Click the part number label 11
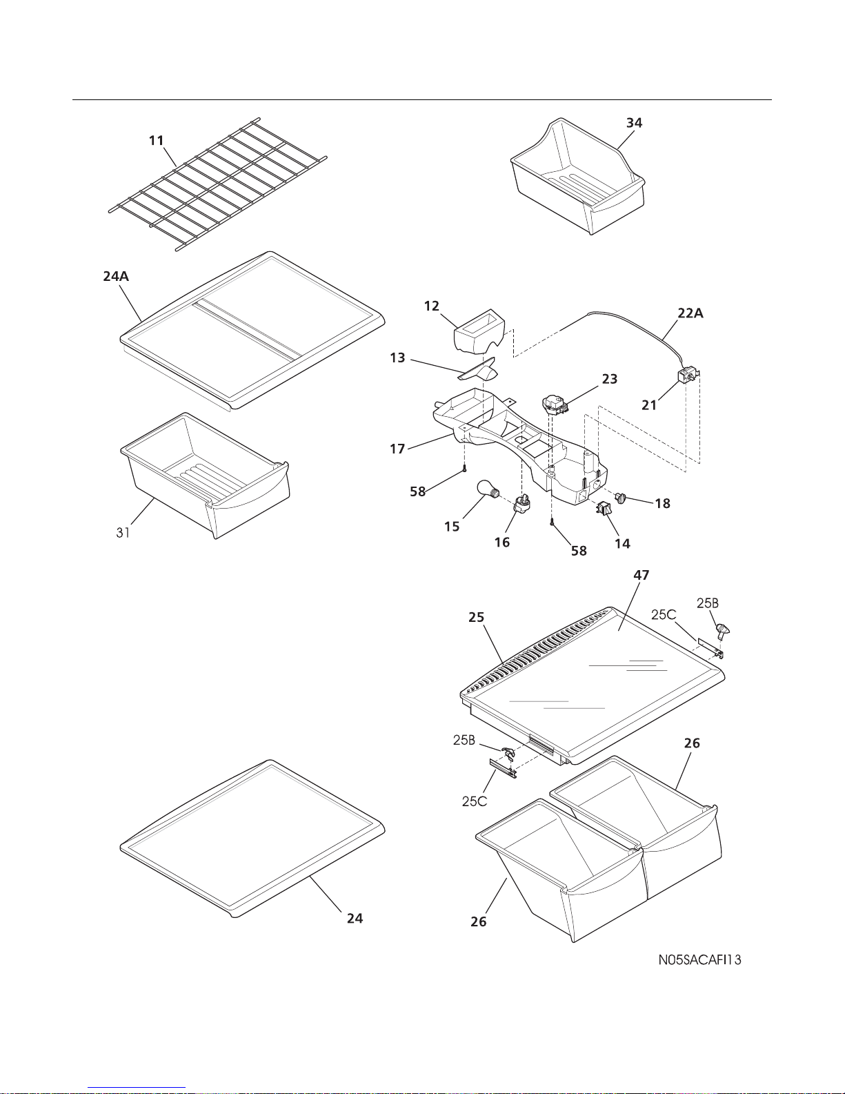157,141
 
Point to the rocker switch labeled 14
604,510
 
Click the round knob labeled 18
622,497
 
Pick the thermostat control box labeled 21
687,376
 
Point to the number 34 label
634,123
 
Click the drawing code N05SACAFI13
699,959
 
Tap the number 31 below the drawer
123,533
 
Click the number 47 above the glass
641,575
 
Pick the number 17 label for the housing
397,449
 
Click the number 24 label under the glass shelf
355,919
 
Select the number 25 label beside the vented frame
477,618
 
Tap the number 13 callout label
397,358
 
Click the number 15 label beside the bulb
452,527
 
